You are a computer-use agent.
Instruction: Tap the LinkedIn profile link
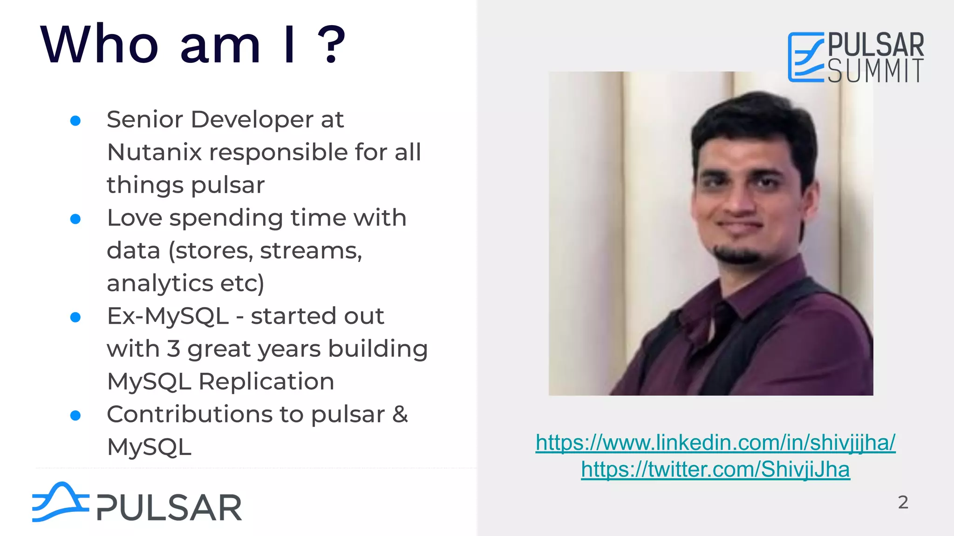tap(715, 442)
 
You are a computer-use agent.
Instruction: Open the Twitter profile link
tap(715, 469)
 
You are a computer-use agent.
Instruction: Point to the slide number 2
tap(903, 502)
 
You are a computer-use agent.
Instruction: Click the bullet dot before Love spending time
tap(75, 219)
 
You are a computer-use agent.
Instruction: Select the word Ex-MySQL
tap(168, 316)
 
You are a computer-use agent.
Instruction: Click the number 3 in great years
tap(173, 349)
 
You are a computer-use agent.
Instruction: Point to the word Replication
tap(266, 382)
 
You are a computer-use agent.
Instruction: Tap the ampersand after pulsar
tap(400, 414)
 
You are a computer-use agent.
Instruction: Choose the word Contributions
tap(205, 414)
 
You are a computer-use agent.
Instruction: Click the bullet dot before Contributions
tap(75, 415)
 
